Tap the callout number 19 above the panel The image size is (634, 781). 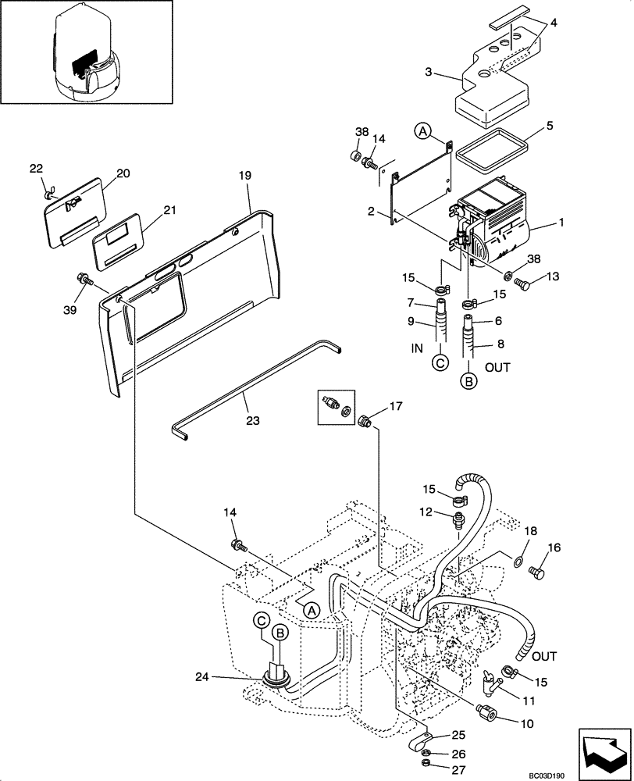244,177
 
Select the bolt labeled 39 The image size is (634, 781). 83,278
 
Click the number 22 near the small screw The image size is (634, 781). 37,169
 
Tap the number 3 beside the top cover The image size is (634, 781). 429,73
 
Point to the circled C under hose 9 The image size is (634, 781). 440,362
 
